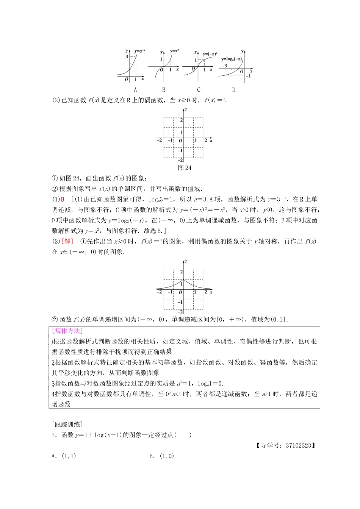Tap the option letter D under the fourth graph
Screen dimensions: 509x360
[x=233, y=90]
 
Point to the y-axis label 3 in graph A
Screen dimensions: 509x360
[x=127, y=56]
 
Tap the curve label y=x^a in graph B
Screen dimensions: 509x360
[x=174, y=51]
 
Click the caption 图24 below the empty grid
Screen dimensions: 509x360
[x=185, y=168]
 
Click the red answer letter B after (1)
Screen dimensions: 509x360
[x=63, y=200]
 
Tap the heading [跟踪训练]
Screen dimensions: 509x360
[x=67, y=424]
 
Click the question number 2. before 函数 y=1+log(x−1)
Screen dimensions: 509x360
[x=54, y=435]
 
